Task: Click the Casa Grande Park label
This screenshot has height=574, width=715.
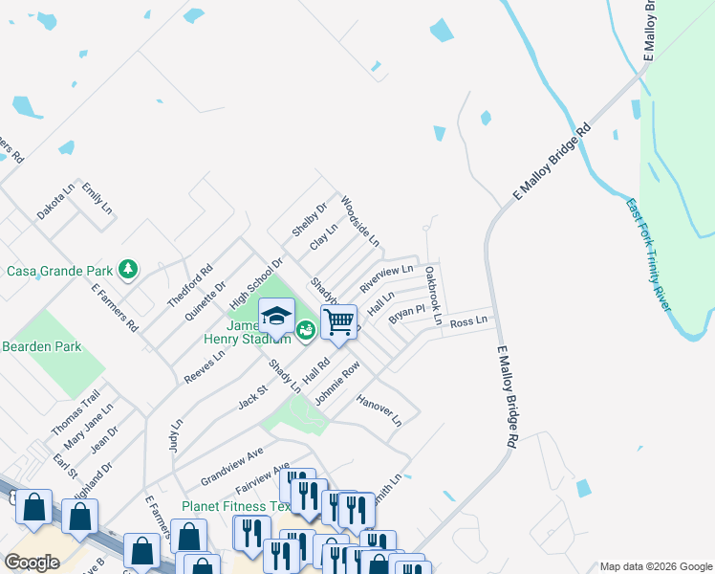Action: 60,271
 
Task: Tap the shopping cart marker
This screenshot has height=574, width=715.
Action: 338,323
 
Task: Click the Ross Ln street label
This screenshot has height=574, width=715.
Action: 468,321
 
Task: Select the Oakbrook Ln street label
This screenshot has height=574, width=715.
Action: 433,296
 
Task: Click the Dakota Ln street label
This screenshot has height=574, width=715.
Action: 55,203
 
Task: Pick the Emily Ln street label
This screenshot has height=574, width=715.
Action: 97,198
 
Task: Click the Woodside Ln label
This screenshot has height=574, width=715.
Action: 360,221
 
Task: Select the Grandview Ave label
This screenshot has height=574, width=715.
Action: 231,465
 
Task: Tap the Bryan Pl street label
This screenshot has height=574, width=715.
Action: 406,314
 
